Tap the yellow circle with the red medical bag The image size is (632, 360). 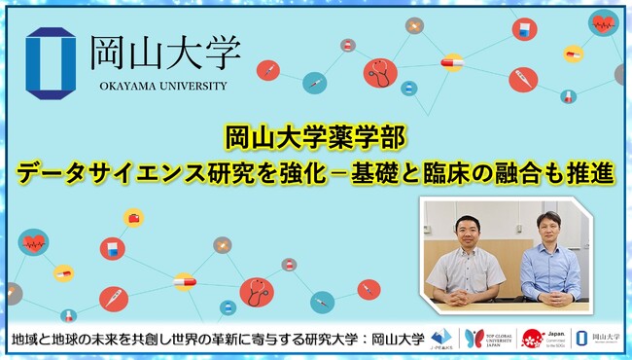tap(134, 216)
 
